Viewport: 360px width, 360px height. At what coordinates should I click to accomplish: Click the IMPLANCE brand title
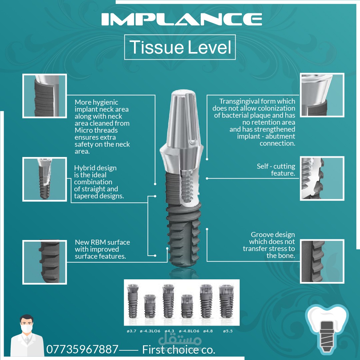(x=182, y=19)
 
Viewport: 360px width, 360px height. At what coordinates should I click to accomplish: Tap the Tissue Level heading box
(x=180, y=47)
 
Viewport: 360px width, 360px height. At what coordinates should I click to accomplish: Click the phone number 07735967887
(x=82, y=349)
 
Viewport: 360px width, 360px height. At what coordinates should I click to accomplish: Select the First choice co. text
(x=179, y=350)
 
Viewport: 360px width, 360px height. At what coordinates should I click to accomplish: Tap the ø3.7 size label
(x=132, y=331)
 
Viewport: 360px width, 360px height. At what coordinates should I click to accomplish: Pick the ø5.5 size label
(x=228, y=331)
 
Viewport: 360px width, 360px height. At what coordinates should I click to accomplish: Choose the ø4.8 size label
(x=208, y=331)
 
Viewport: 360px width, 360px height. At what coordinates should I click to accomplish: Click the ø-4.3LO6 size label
(x=150, y=331)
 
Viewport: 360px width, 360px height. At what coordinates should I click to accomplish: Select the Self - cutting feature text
(x=276, y=169)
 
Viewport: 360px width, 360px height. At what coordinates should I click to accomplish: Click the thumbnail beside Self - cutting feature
(x=322, y=178)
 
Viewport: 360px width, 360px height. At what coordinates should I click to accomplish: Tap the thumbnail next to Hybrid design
(x=45, y=179)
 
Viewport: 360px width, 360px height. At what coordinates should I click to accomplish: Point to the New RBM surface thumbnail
(x=45, y=262)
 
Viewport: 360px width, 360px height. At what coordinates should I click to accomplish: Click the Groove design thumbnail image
(x=322, y=261)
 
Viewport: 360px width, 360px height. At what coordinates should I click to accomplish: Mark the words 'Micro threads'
(x=96, y=130)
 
